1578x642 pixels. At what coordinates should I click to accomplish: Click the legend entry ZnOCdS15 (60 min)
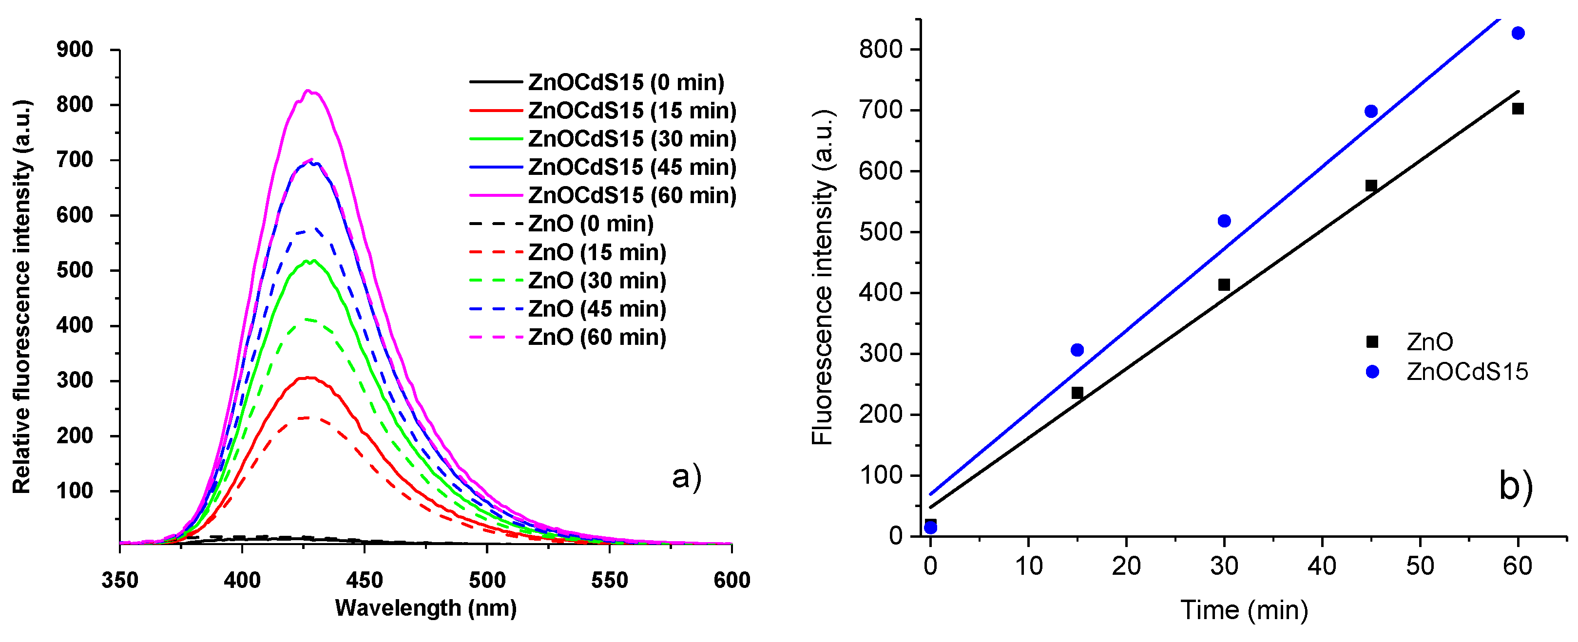[632, 196]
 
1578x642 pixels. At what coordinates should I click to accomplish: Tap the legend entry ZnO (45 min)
[597, 309]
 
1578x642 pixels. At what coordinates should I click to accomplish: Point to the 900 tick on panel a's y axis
[75, 50]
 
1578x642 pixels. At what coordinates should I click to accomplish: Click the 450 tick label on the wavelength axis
[365, 580]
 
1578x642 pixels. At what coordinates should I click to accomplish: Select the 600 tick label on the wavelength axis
[731, 580]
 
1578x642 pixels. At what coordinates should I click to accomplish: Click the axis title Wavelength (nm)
[426, 608]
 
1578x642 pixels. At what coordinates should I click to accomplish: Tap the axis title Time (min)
[1244, 610]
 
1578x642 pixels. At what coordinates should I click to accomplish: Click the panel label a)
[686, 477]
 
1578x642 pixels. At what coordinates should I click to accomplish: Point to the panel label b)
[1516, 486]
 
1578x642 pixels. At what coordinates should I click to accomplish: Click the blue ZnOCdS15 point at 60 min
[1518, 33]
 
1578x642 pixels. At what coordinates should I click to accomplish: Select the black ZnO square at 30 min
[1224, 284]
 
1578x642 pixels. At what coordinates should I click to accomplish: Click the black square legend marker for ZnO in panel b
[1372, 342]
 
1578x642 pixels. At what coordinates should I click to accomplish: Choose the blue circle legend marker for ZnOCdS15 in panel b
[1372, 372]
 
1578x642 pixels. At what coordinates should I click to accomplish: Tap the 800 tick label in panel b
[881, 49]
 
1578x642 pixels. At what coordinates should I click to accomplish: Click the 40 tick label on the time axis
[1322, 566]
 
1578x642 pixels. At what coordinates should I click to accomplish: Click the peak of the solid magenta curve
[310, 91]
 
